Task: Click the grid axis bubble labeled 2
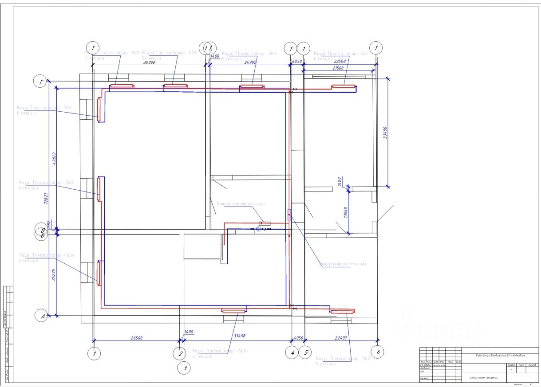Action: (x=180, y=353)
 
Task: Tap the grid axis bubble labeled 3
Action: (x=185, y=367)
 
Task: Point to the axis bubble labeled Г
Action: (x=41, y=81)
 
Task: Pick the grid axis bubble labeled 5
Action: (x=305, y=353)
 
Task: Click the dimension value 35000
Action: (x=149, y=63)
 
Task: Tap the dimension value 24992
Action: (x=250, y=63)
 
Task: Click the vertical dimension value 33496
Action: (x=385, y=133)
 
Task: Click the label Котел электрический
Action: (x=241, y=204)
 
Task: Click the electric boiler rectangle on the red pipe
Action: (x=265, y=223)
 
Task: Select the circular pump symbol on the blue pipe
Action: (x=258, y=229)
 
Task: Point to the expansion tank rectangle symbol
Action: (x=290, y=215)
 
